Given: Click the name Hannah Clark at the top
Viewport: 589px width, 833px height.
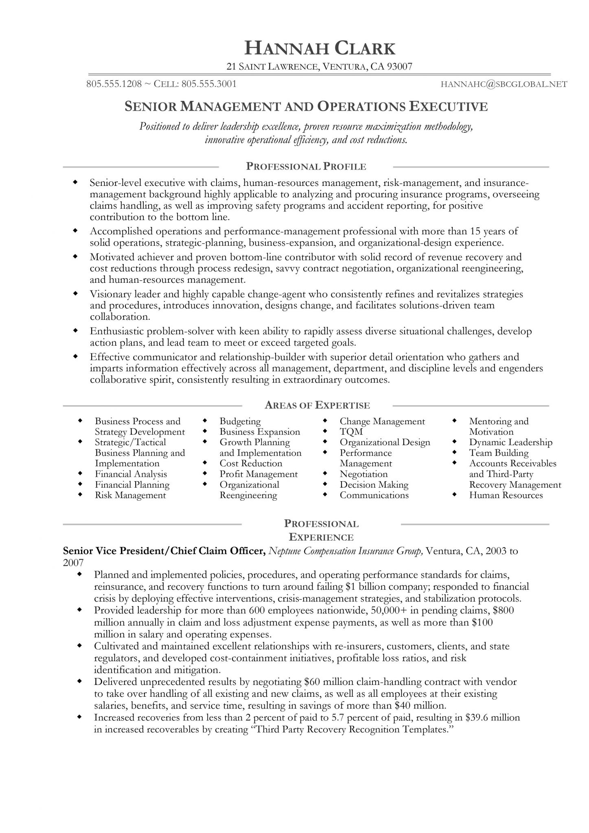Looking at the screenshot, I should point(320,48).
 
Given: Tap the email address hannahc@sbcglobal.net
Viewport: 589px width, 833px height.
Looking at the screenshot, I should point(504,84).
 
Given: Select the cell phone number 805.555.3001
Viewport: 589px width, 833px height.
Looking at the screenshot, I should point(209,84).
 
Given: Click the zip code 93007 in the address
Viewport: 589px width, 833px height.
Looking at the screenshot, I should point(400,67).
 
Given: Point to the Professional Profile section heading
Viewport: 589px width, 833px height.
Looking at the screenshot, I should point(306,166).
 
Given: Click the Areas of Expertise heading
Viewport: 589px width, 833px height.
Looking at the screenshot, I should point(317,405).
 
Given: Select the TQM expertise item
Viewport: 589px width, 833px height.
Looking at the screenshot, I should point(351,432).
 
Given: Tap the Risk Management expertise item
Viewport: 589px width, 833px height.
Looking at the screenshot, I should point(130,495).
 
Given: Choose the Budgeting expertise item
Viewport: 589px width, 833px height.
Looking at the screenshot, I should point(240,421).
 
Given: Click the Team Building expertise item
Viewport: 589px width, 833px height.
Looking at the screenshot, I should point(499,453).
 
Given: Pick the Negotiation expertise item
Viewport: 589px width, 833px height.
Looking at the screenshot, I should point(363,474).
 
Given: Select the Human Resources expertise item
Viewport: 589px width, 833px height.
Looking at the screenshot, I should point(506,495).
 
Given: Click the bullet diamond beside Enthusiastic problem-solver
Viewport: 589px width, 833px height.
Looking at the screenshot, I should point(75,331).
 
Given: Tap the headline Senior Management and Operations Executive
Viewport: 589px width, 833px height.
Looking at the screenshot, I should point(306,107).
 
